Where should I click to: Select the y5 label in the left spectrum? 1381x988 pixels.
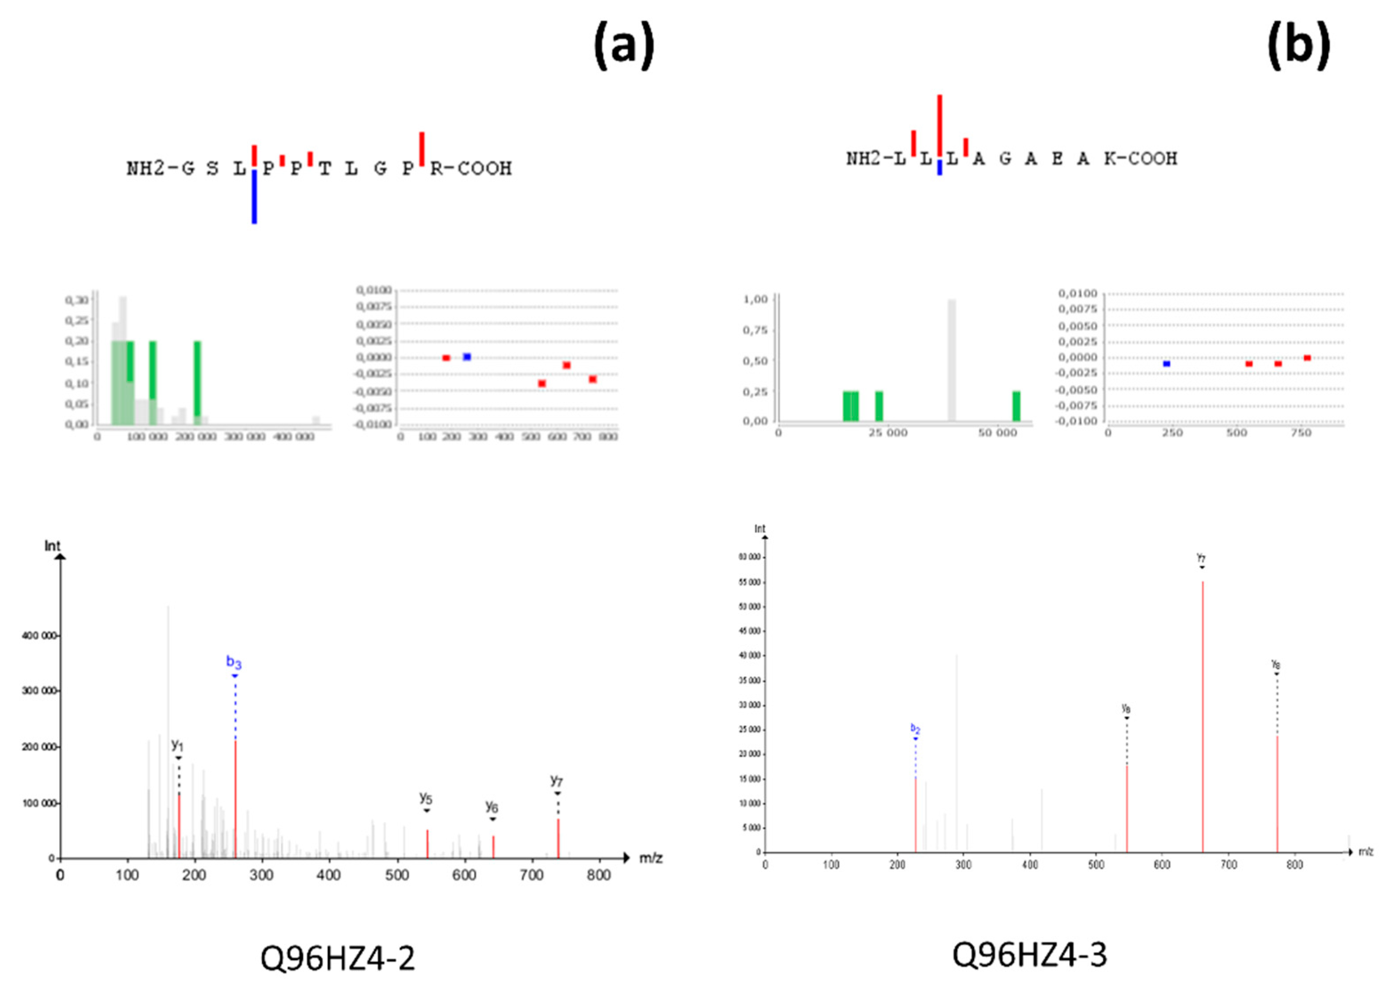tap(426, 798)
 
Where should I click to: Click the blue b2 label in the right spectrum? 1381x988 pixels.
tap(915, 728)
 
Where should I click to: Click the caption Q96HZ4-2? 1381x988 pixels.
tap(338, 958)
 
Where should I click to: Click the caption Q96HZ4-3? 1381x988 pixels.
tap(1030, 954)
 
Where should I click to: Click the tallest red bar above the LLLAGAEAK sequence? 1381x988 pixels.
tap(939, 125)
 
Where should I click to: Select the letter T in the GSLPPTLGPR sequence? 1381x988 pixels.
tap(325, 169)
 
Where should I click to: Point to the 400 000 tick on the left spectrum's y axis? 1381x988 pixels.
tap(40, 636)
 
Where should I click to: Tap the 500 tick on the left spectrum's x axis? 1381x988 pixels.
tap(397, 875)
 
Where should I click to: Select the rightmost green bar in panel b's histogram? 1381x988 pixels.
tap(1016, 406)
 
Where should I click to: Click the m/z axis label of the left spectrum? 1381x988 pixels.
tap(650, 859)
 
